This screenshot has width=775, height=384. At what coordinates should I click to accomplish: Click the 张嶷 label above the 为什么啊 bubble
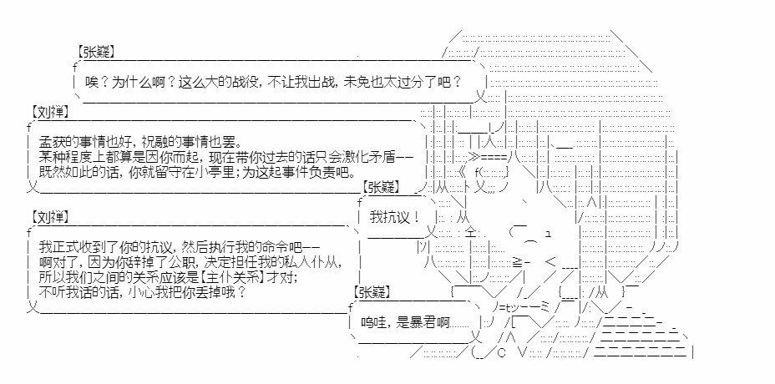pyautogui.click(x=96, y=52)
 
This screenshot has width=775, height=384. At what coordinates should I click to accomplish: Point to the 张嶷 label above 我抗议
pyautogui.click(x=381, y=186)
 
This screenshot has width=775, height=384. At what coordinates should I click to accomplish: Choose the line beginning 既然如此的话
pyautogui.click(x=197, y=173)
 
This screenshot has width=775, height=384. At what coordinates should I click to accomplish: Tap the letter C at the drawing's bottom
pyautogui.click(x=501, y=353)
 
